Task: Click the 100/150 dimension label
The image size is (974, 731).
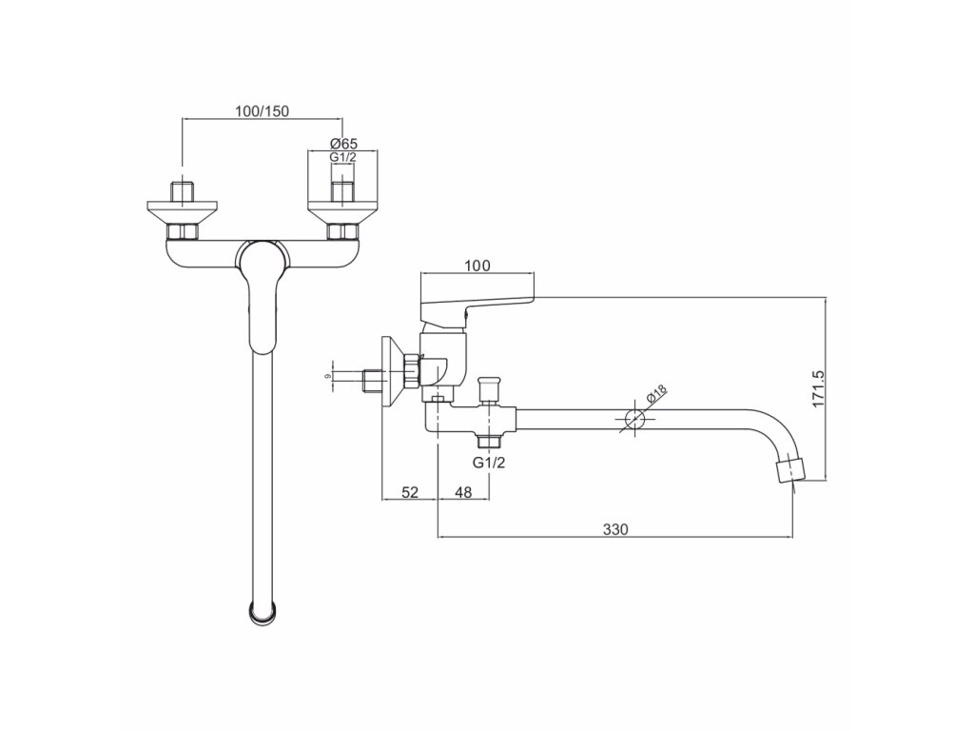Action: coord(262,110)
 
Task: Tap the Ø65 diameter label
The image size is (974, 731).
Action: coord(343,143)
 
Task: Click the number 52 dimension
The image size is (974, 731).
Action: coord(409,492)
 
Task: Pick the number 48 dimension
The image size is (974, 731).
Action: coord(463,492)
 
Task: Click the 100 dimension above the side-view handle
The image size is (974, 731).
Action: coord(478,265)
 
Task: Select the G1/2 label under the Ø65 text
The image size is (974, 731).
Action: coord(342,157)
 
